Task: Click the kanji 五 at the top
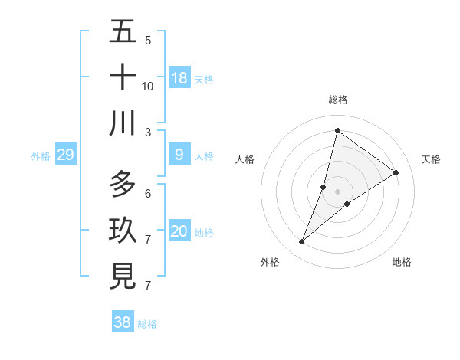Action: [x=123, y=33]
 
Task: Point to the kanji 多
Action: [x=123, y=185]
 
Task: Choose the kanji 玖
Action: [x=123, y=231]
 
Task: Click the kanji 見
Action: [x=123, y=277]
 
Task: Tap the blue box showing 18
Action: [x=179, y=78]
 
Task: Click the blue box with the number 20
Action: [x=179, y=232]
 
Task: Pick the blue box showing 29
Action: [x=66, y=155]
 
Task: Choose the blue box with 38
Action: [x=123, y=322]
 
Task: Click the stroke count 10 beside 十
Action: [x=148, y=86]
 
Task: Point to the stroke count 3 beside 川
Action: [x=148, y=132]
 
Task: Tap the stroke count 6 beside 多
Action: [x=148, y=193]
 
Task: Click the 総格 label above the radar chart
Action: [x=338, y=100]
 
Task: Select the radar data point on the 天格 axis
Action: [x=396, y=173]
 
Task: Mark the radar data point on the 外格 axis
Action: [x=302, y=242]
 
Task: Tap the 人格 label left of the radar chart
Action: [x=245, y=159]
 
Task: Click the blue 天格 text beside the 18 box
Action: [x=204, y=79]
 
